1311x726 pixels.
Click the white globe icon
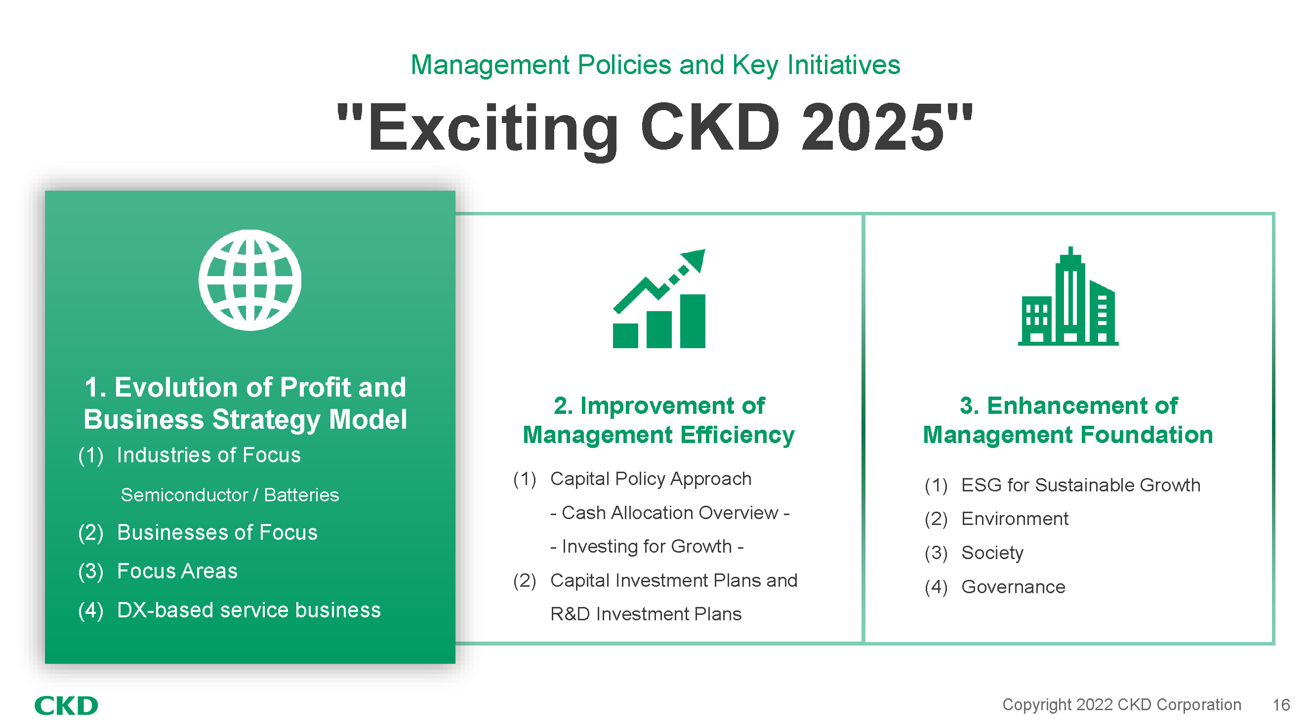(250, 280)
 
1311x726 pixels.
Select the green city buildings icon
(1068, 296)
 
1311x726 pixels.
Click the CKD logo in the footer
(66, 705)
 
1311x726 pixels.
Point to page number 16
(1281, 705)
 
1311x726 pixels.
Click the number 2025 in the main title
(872, 127)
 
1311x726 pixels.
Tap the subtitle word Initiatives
(844, 65)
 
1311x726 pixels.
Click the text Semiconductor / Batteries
(230, 494)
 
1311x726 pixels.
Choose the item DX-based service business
(249, 610)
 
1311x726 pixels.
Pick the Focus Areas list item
(177, 571)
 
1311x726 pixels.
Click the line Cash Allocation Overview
(670, 513)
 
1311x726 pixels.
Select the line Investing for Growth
(647, 546)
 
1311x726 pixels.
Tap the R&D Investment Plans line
(646, 614)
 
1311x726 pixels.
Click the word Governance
(1013, 587)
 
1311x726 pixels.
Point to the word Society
(992, 553)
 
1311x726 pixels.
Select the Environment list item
(1015, 519)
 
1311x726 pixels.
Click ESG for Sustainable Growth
(1080, 485)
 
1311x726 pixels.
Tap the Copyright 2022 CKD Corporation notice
(1122, 705)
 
